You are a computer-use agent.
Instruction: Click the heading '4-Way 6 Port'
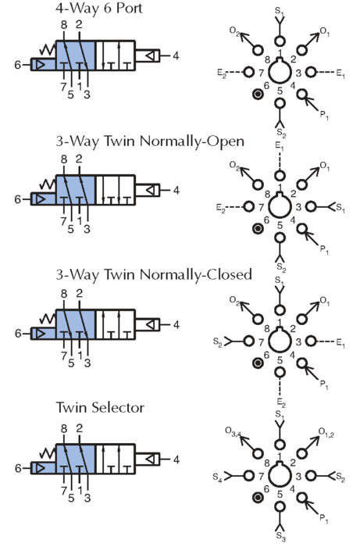[99, 9]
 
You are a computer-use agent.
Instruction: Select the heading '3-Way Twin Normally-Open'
[150, 141]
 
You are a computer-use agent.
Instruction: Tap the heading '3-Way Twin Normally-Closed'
[154, 274]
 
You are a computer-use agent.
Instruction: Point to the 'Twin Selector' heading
[100, 407]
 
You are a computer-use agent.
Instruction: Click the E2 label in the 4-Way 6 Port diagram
[222, 73]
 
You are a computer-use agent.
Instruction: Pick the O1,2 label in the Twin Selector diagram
[326, 433]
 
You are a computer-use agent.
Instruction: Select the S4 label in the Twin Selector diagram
[217, 477]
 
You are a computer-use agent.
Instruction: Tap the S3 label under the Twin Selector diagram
[280, 536]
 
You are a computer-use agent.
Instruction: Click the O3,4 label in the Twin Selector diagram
[233, 433]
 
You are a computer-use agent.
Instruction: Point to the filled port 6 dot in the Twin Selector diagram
[258, 497]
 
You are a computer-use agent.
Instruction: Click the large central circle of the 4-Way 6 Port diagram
[280, 72]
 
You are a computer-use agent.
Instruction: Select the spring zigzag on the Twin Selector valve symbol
[48, 452]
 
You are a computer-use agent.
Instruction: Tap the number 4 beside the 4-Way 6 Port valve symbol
[176, 55]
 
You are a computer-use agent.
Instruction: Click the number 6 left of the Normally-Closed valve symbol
[18, 334]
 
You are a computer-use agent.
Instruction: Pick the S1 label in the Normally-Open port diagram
[340, 209]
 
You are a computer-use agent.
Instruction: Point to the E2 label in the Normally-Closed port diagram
[281, 403]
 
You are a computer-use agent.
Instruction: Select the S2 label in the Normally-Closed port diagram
[217, 342]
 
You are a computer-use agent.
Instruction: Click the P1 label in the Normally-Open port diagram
[324, 250]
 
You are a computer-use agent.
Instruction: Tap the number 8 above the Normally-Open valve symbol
[64, 159]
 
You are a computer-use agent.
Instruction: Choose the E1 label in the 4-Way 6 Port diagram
[340, 73]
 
